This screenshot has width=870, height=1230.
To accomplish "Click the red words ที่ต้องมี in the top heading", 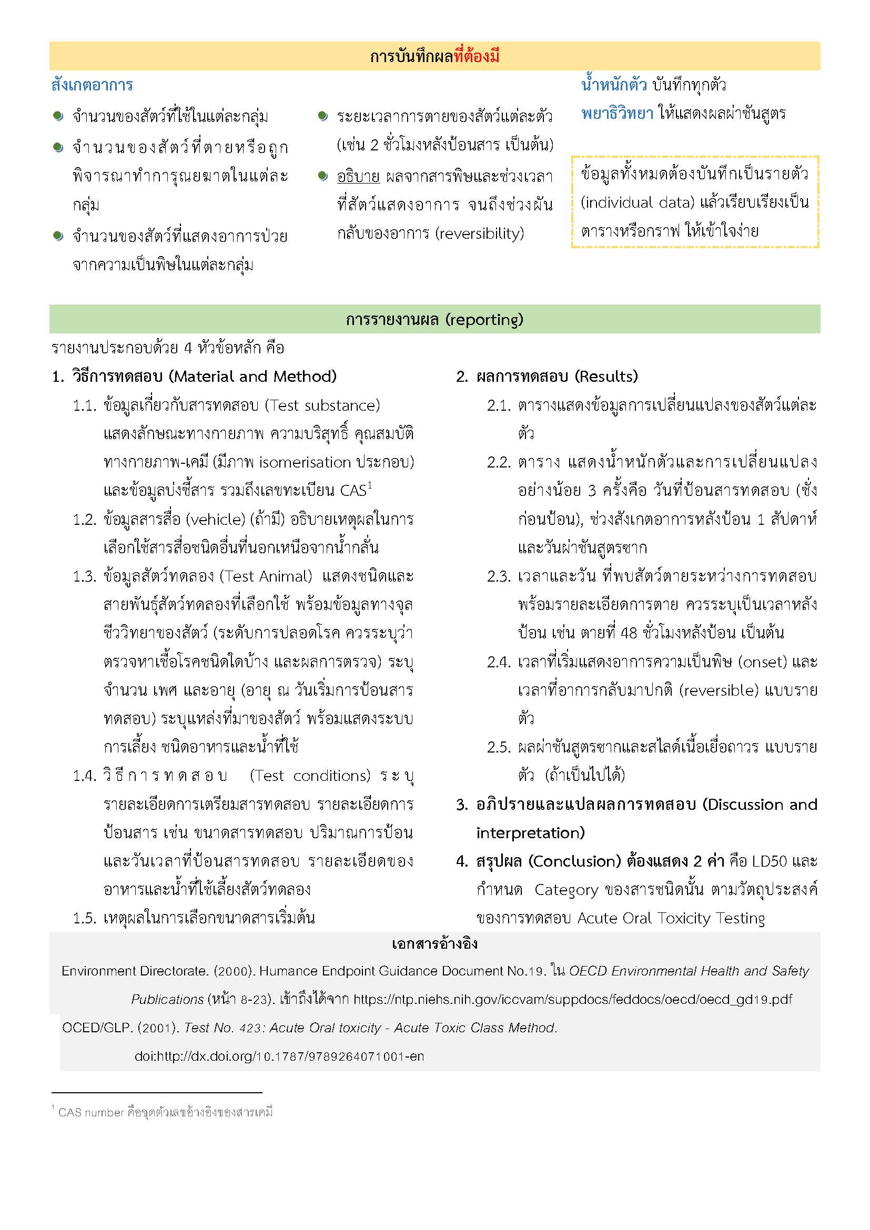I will (476, 56).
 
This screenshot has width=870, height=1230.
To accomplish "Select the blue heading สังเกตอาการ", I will (92, 85).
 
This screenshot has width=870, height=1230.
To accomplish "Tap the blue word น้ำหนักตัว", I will (614, 85).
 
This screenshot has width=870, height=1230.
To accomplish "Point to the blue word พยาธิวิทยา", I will (617, 114).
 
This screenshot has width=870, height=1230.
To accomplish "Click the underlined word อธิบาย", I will (358, 176).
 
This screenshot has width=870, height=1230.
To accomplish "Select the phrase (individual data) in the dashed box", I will (638, 202).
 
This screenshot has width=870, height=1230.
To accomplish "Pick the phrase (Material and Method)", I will (253, 377).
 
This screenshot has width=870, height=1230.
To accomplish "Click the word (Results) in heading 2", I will (606, 377).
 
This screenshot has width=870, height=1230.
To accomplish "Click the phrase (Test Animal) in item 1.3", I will (266, 576).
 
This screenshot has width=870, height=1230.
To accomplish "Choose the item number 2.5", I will (498, 747).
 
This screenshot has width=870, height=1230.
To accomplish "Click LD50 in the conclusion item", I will (770, 861).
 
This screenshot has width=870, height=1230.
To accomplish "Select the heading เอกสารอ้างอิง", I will (434, 943).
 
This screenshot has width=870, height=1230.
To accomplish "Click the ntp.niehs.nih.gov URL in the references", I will (573, 1000).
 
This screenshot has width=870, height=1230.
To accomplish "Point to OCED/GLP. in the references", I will (97, 1028).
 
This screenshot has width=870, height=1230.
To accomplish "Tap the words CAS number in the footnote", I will (91, 1112).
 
